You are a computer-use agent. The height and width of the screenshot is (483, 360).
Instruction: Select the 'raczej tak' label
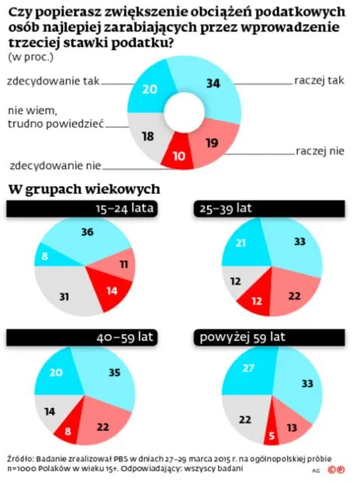point(320,81)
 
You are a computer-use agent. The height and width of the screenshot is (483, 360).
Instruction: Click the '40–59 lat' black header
point(125,337)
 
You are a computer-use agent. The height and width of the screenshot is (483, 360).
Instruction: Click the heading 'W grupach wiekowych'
point(84,188)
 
